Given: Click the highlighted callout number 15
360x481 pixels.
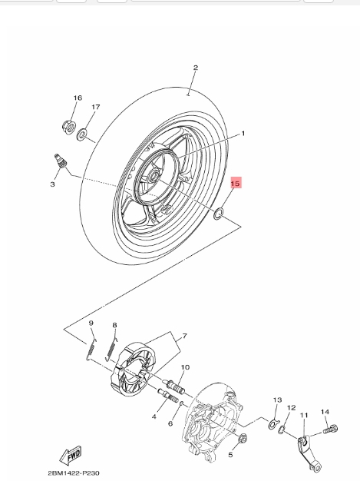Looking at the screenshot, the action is [x=235, y=184].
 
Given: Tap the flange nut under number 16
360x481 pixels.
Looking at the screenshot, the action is [x=69, y=126].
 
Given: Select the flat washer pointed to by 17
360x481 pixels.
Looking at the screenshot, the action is [x=82, y=134].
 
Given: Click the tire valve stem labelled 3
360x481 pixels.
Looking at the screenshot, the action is [x=61, y=161].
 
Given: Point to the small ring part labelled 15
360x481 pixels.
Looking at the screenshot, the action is [x=219, y=213].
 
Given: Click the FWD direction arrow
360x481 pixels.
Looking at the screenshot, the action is [x=71, y=455].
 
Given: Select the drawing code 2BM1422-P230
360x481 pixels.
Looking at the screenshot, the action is [x=74, y=473].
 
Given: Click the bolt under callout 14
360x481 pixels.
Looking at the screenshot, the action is [x=330, y=430].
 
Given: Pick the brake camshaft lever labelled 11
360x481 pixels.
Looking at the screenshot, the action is [x=309, y=452].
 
